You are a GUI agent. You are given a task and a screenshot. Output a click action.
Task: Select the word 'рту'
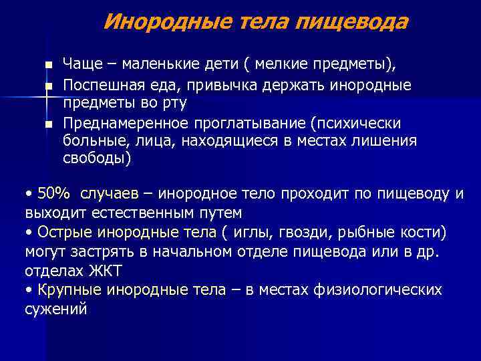(x=176, y=103)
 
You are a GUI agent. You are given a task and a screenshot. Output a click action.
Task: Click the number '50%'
(x=54, y=194)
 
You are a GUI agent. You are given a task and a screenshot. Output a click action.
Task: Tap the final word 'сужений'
(x=56, y=309)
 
